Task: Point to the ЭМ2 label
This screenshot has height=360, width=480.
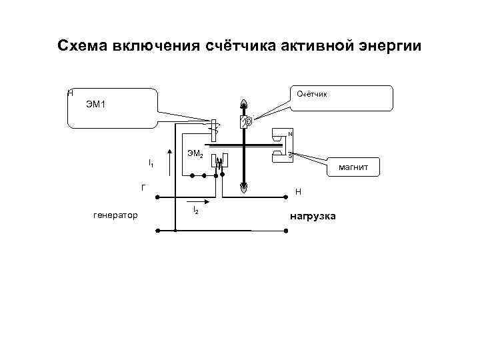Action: (x=195, y=154)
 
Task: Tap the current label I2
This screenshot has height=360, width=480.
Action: (x=195, y=210)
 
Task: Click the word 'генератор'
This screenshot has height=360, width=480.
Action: (x=115, y=215)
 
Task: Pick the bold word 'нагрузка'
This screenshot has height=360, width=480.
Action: (x=313, y=217)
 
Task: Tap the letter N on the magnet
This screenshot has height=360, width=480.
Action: (x=289, y=134)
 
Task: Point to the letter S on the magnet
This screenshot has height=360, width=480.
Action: (x=289, y=155)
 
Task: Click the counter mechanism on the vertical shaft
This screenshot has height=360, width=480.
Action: (x=245, y=122)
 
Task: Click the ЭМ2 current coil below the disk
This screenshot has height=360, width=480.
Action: (x=221, y=161)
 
